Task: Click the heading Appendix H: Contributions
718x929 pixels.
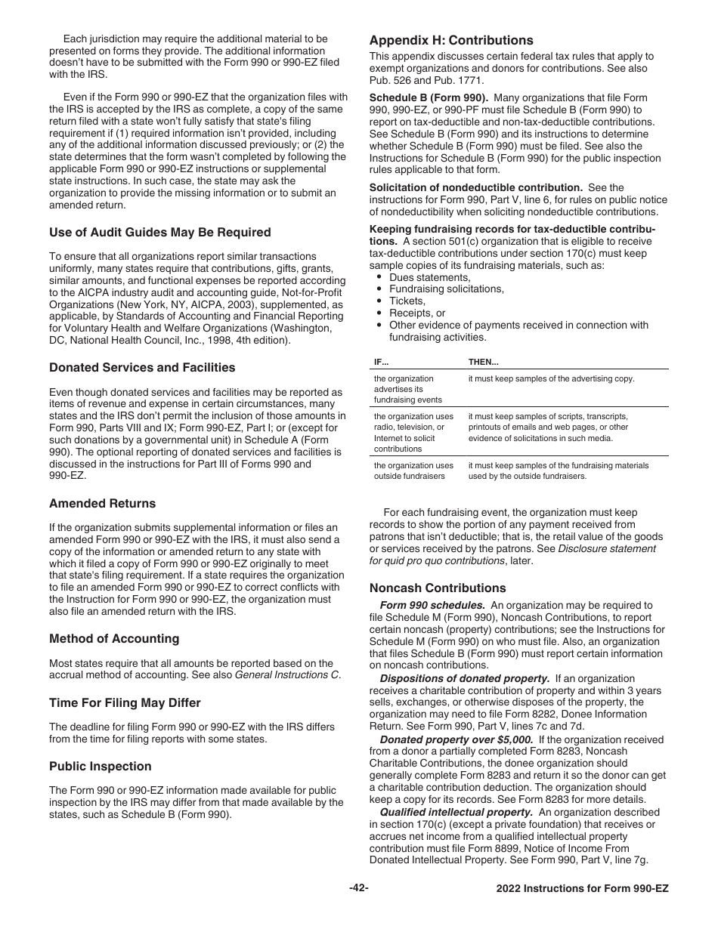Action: (450, 41)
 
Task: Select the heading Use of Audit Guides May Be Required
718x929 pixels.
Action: (159, 233)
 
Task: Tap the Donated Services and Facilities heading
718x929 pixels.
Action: (142, 368)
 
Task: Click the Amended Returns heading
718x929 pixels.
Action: (102, 504)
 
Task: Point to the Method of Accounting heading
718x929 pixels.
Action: (114, 639)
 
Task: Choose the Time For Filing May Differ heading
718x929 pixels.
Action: (125, 703)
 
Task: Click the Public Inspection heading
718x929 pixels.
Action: (100, 767)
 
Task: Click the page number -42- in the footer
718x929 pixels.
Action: (359, 888)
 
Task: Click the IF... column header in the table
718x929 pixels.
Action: (381, 363)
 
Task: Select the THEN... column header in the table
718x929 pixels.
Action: (484, 363)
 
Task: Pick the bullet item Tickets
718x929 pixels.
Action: (407, 301)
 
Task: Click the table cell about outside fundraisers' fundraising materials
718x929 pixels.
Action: (558, 471)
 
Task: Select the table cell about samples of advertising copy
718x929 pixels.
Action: (551, 379)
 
